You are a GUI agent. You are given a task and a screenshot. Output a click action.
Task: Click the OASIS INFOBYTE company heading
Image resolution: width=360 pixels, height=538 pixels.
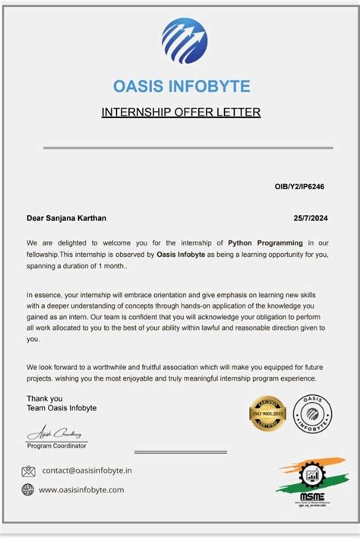coord(181,86)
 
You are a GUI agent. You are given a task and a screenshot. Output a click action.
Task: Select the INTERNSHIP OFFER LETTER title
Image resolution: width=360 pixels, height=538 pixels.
coord(181,112)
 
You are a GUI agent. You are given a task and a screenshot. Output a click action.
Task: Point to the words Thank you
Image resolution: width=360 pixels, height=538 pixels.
coord(45,398)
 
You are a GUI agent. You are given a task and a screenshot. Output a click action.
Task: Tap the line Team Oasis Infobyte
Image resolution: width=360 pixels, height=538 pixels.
coord(62,408)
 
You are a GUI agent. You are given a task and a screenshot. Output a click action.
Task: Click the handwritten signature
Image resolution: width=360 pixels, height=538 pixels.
coord(56,434)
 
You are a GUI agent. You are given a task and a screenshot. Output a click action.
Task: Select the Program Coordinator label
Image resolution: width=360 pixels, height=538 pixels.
coord(57,446)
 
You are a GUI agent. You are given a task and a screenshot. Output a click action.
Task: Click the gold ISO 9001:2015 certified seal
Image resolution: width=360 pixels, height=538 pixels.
coord(267,413)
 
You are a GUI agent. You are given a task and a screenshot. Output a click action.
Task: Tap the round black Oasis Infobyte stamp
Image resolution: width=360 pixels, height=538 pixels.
coord(312,413)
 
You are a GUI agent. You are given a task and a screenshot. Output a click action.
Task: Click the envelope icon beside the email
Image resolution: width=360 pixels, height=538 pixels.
coord(29,471)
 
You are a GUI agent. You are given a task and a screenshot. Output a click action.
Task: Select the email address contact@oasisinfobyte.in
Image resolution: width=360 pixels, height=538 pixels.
coord(87,471)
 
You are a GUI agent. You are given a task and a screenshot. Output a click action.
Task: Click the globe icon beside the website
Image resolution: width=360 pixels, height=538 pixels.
coord(28,490)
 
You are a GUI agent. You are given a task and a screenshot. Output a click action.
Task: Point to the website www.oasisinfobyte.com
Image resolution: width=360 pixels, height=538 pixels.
coord(81,490)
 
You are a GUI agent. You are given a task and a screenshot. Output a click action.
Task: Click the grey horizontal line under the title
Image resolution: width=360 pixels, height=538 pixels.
coord(188,147)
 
